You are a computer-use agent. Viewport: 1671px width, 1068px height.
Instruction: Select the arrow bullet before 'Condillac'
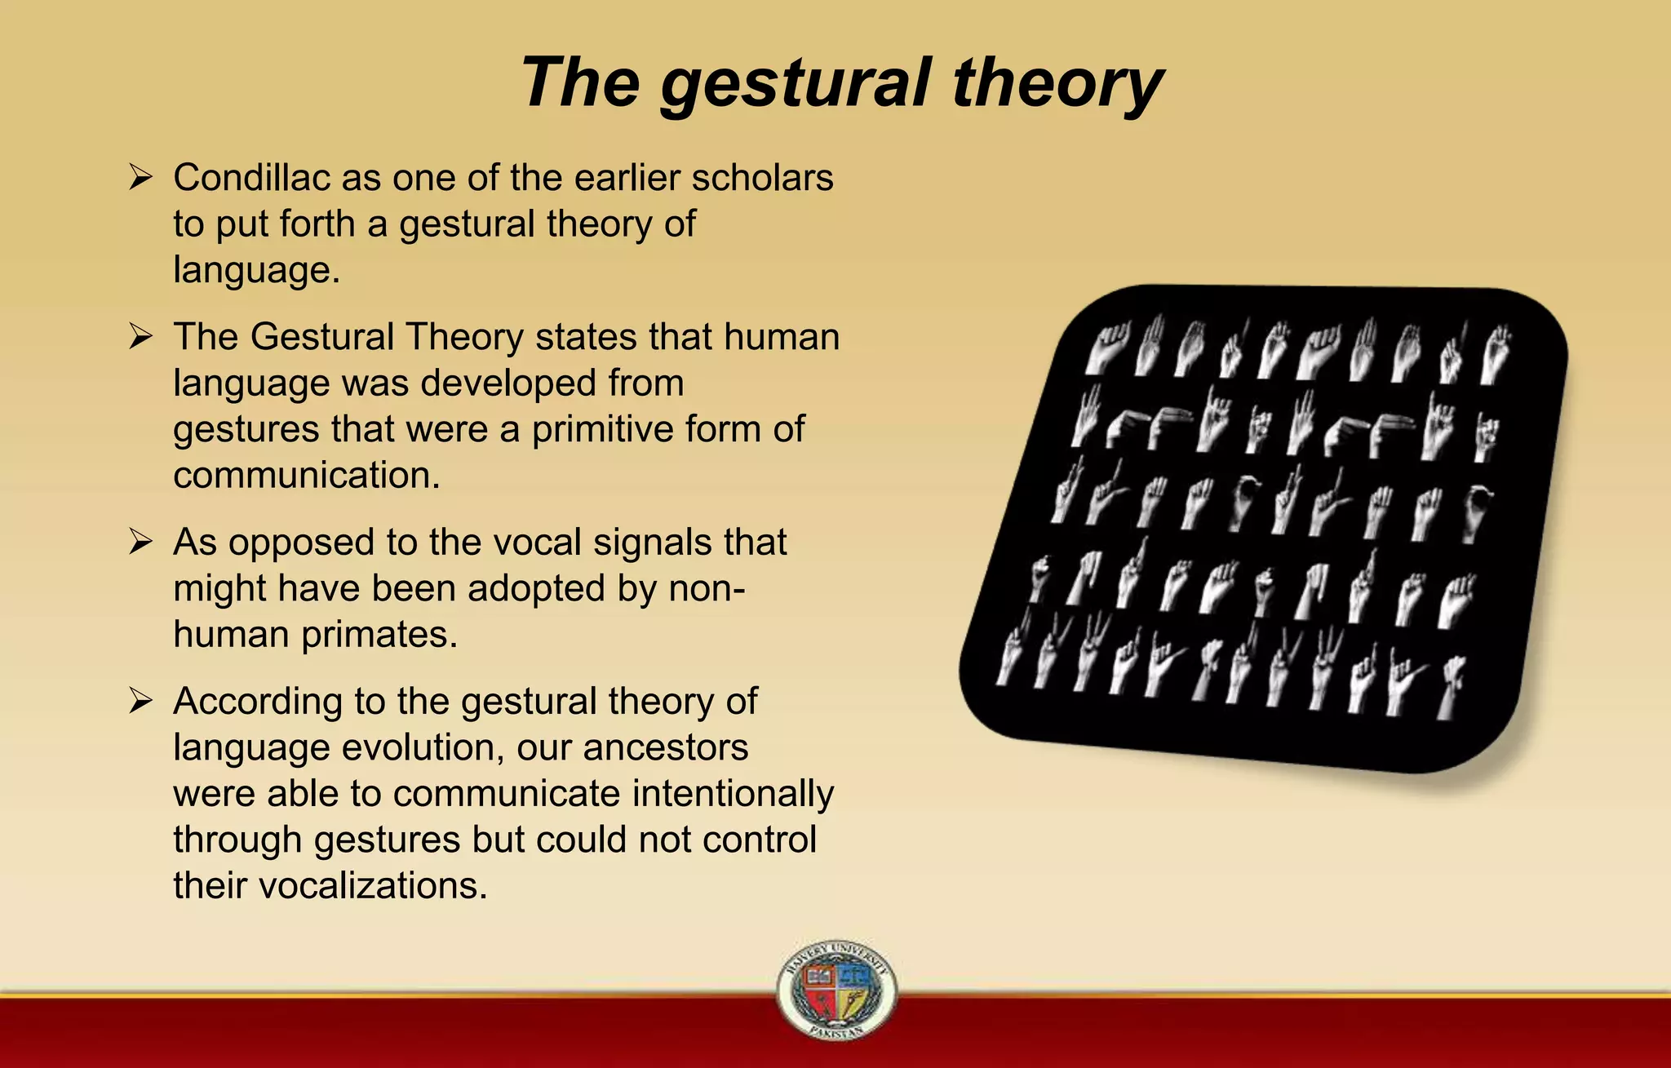[140, 176]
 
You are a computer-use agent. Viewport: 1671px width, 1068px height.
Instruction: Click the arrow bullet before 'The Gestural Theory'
[140, 335]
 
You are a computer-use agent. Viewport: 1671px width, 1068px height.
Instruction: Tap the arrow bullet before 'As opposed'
[140, 541]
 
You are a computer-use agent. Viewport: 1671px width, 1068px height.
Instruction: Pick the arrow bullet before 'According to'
[140, 700]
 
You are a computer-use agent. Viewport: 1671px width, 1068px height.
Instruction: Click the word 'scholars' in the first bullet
[762, 177]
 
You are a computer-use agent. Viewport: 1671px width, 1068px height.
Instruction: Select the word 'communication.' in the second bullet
[306, 475]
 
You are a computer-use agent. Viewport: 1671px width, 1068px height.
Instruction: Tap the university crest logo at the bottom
[835, 990]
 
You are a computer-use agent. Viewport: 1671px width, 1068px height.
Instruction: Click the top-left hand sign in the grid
[1108, 347]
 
